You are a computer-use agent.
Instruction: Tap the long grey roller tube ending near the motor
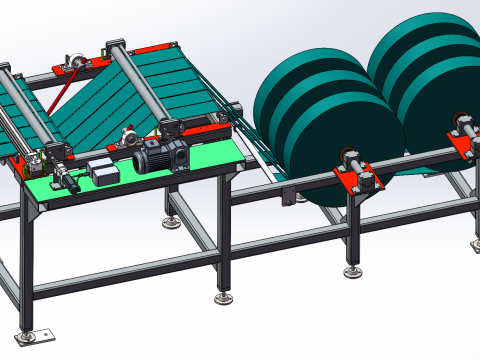click(x=140, y=90)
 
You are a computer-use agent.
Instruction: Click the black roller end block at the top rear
click(x=115, y=44)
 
